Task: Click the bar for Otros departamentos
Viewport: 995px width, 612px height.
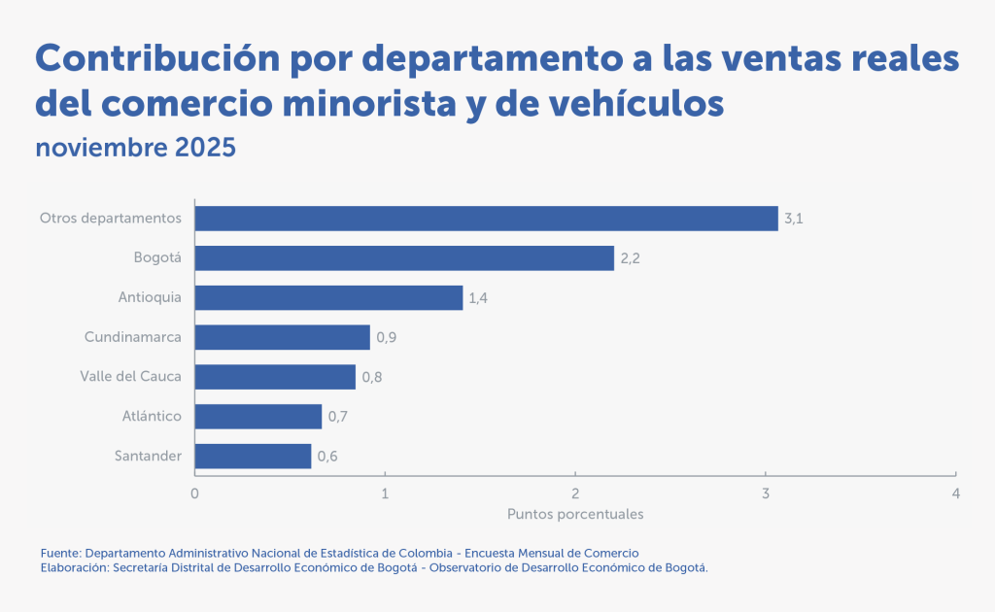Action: click(x=486, y=218)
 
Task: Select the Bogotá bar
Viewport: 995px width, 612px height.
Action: click(x=404, y=257)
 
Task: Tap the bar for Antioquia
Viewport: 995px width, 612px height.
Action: click(x=328, y=297)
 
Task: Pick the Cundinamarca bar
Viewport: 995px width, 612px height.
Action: click(x=282, y=337)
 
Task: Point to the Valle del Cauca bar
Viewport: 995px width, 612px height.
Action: click(x=275, y=377)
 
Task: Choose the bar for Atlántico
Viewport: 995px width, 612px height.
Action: click(x=257, y=417)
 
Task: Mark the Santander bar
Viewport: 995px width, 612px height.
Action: click(x=253, y=457)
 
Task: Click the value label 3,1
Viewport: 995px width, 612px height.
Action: click(x=794, y=219)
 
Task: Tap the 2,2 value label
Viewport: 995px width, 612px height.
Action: click(x=630, y=258)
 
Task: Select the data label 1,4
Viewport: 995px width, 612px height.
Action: click(x=478, y=298)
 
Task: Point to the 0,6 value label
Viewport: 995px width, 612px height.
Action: click(x=327, y=457)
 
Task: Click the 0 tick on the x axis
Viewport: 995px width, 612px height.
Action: click(x=195, y=493)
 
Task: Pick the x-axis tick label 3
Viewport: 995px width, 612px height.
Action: click(x=766, y=493)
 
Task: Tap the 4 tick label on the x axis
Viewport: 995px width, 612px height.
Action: click(x=956, y=493)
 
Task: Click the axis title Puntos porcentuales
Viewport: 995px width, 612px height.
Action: click(x=575, y=513)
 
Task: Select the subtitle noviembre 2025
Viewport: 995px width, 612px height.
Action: click(x=135, y=148)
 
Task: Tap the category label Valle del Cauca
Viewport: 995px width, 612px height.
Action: click(x=130, y=377)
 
